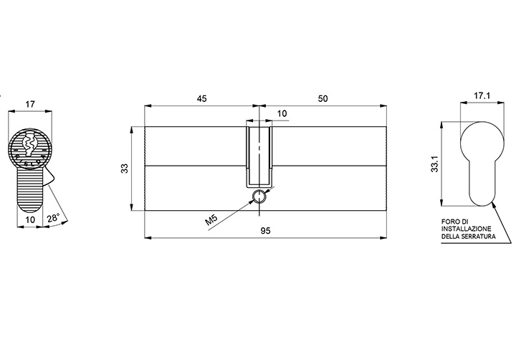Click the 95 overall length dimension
click(266, 231)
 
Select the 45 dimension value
click(201, 98)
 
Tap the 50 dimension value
click(322, 98)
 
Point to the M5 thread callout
click(211, 219)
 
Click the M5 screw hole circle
click(260, 197)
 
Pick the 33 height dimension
click(125, 169)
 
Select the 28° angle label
click(53, 218)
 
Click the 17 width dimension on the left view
click(30, 105)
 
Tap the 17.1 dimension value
click(482, 95)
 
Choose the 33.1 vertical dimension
click(435, 164)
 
